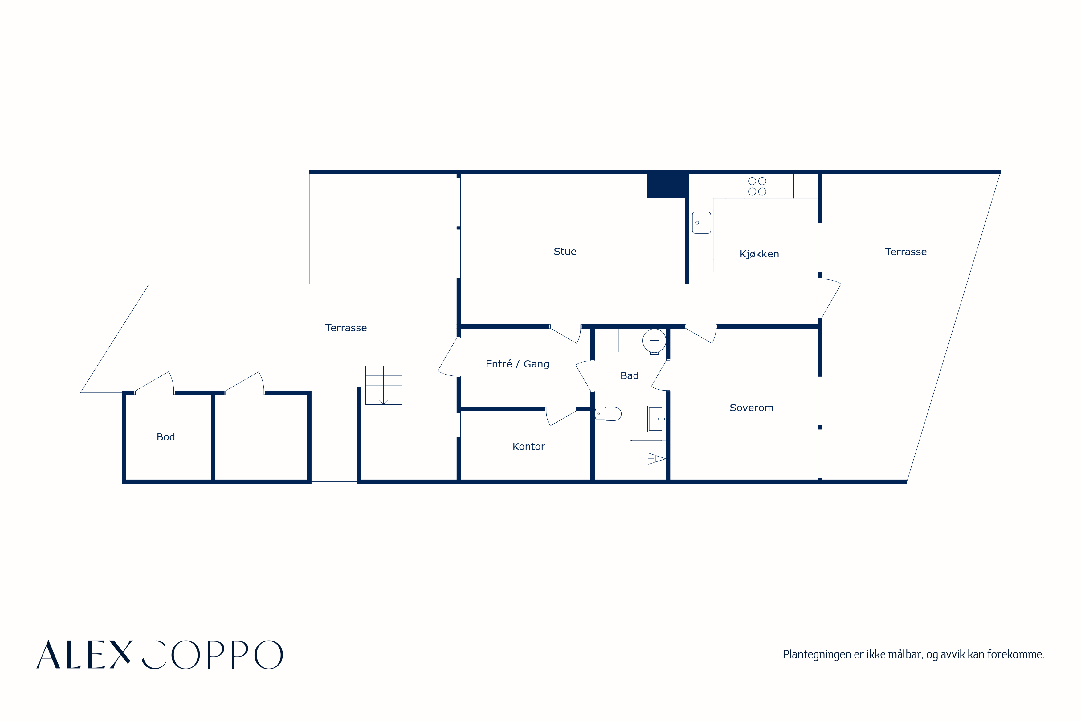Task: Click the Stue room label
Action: pyautogui.click(x=565, y=252)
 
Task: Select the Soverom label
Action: pyautogui.click(x=752, y=408)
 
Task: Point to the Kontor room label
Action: pyautogui.click(x=528, y=446)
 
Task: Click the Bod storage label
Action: pyautogui.click(x=166, y=437)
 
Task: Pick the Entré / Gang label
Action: pyautogui.click(x=517, y=364)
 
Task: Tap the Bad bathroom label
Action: pyautogui.click(x=629, y=376)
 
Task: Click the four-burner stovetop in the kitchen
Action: pyautogui.click(x=757, y=186)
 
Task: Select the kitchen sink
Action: pyautogui.click(x=701, y=223)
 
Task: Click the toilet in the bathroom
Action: pyautogui.click(x=608, y=413)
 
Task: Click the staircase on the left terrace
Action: pyautogui.click(x=383, y=385)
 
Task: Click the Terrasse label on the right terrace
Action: pyautogui.click(x=906, y=252)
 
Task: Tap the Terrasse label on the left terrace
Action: pyautogui.click(x=346, y=328)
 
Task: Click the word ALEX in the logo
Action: pyautogui.click(x=84, y=654)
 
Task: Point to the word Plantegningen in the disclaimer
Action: pyautogui.click(x=817, y=654)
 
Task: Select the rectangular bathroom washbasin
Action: pyautogui.click(x=656, y=419)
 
